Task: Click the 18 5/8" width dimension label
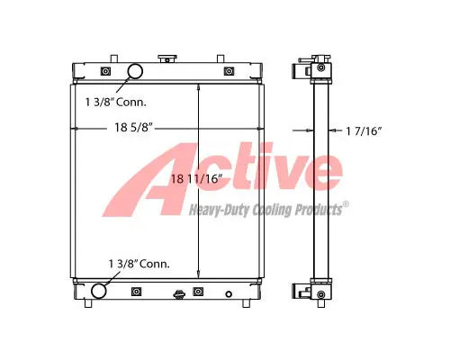pos(134,128)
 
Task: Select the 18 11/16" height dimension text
pos(196,179)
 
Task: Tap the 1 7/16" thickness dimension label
pos(364,130)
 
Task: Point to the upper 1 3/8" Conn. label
pos(116,103)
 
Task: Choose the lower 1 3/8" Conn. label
pos(139,264)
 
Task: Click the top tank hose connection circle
pos(135,71)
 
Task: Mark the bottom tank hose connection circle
pos(99,291)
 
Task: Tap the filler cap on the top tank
pos(167,58)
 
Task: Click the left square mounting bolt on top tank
pos(105,71)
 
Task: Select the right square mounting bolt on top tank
pos(229,71)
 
